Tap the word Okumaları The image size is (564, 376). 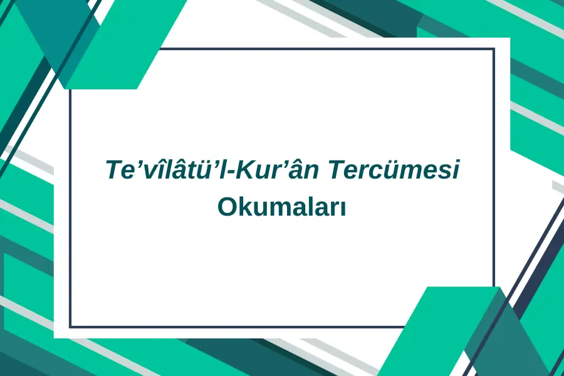point(281,207)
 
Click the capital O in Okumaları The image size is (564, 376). point(227,207)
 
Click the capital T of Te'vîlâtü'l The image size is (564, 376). point(115,170)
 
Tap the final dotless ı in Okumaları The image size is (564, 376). point(343,209)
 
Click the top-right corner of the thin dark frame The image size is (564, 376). point(494,49)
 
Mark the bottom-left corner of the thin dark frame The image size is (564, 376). point(70,326)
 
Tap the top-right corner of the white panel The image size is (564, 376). point(510,38)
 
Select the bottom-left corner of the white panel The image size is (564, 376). point(54,338)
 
